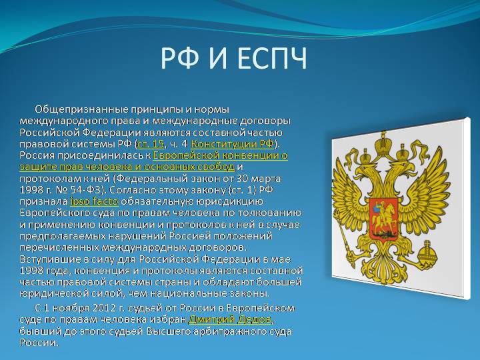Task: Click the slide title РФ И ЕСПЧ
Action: click(x=234, y=58)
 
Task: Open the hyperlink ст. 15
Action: click(x=151, y=143)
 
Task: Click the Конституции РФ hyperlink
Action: click(x=233, y=143)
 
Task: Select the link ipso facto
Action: click(x=94, y=201)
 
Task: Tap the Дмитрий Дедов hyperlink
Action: click(x=230, y=319)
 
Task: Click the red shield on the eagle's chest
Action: click(x=383, y=218)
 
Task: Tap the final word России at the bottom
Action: click(x=39, y=343)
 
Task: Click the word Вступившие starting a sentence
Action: click(x=48, y=259)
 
